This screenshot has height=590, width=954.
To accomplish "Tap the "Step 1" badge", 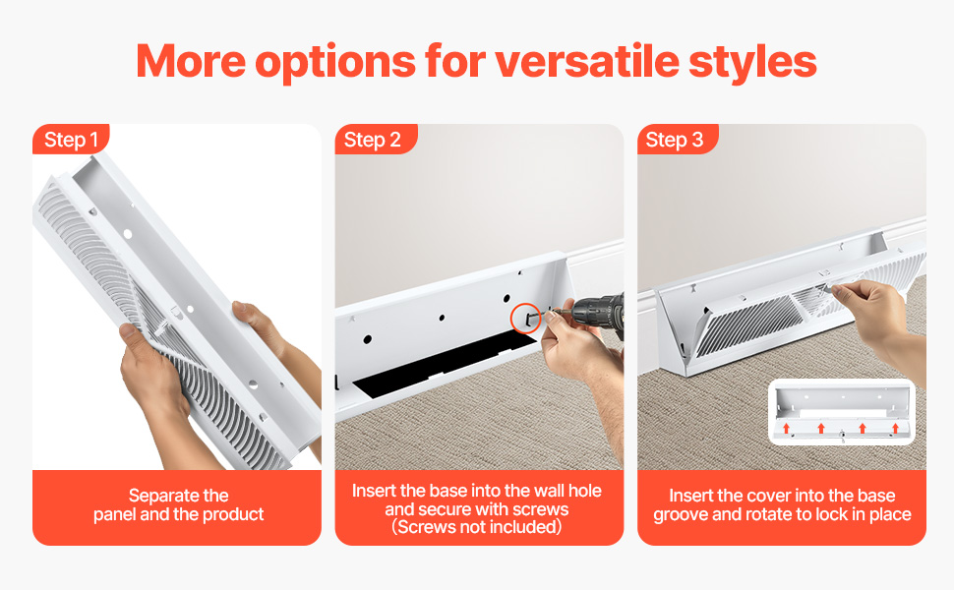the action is (x=71, y=140).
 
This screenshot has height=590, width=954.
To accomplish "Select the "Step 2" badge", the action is (x=373, y=140).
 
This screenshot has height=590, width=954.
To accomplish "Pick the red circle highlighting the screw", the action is (x=525, y=318).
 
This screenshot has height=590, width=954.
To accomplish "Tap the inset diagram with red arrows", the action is (x=842, y=412).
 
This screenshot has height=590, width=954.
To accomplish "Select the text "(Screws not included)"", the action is (x=477, y=527).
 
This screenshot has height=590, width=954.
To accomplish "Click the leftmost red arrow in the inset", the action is (x=786, y=428).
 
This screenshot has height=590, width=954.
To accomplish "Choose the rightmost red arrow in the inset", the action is (x=896, y=428).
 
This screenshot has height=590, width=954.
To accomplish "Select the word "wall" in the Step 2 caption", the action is (x=548, y=491).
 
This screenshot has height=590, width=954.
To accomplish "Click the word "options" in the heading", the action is (x=335, y=63).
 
